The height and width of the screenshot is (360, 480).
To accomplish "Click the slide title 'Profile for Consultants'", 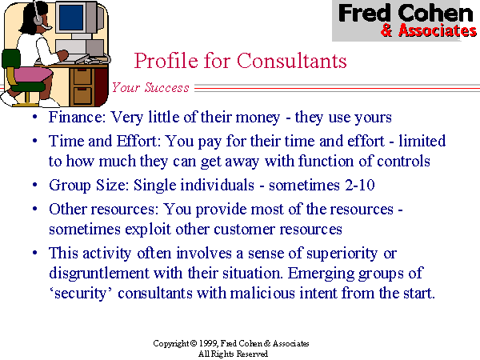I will pos(240,61).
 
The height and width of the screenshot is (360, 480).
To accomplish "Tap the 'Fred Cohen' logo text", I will pos(406,14).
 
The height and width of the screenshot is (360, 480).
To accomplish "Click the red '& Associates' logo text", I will pos(428,31).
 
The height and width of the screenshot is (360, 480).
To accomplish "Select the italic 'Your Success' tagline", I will pos(150,88).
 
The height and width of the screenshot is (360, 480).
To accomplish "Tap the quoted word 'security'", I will pos(86,293).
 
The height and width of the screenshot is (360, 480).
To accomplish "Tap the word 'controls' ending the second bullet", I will pos(406,161).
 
